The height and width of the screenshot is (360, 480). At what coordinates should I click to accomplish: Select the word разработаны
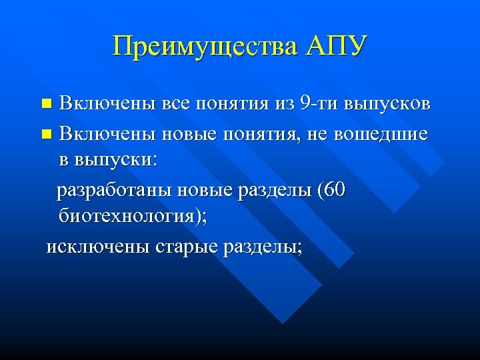coord(115,191)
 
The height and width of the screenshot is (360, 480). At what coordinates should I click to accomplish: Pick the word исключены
coord(98,247)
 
